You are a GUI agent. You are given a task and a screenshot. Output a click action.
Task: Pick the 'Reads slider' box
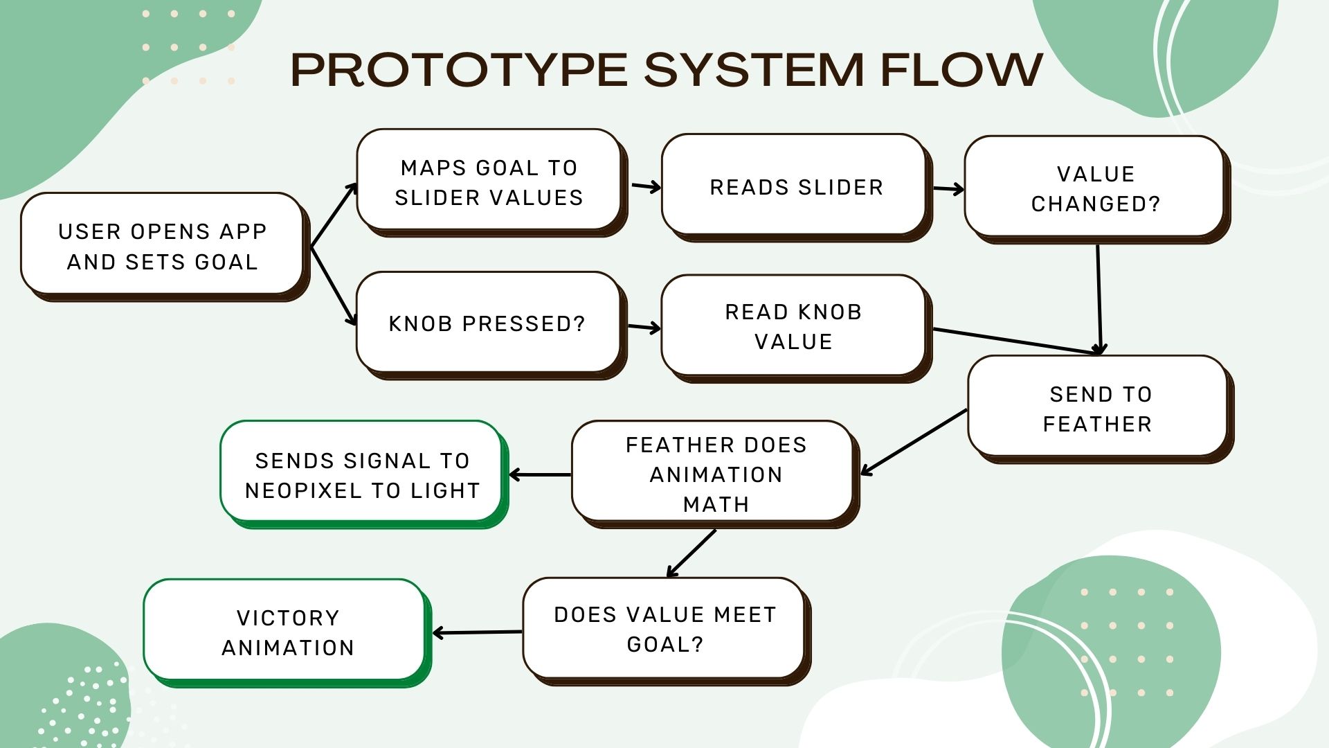[797, 188]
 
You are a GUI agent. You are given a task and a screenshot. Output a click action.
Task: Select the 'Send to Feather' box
[1101, 409]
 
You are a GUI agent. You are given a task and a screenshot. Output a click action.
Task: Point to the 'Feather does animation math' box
[716, 474]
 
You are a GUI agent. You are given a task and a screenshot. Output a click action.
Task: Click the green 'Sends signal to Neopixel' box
[365, 474]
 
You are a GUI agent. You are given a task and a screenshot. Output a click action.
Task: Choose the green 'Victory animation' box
[288, 633]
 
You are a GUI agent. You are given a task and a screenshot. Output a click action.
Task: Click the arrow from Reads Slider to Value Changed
[948, 188]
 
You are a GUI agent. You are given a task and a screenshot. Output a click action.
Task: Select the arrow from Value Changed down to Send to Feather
[1099, 300]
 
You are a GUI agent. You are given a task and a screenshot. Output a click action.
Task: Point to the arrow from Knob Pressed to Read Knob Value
[644, 328]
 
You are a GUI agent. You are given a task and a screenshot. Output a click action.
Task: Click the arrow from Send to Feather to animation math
[914, 442]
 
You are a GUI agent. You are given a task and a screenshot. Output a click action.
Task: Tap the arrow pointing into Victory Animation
[478, 632]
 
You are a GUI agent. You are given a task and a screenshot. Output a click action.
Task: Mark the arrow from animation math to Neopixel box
[541, 474]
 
